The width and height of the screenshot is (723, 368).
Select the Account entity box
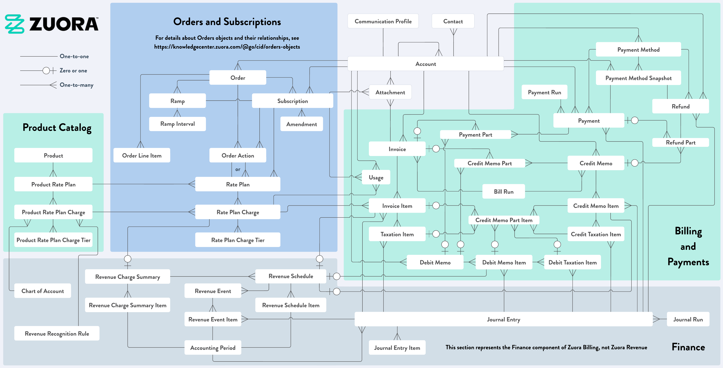click(x=425, y=64)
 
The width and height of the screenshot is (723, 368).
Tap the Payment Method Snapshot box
click(x=638, y=78)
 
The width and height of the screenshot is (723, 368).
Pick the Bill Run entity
click(x=504, y=191)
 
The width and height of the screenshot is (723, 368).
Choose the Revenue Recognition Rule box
click(x=57, y=333)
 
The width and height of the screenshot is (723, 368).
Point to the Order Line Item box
click(x=142, y=155)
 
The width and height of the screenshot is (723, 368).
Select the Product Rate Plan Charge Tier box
click(x=53, y=240)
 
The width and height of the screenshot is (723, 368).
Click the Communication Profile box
click(x=383, y=21)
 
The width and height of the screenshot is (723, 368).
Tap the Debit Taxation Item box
click(x=572, y=262)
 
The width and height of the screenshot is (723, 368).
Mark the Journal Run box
click(x=688, y=319)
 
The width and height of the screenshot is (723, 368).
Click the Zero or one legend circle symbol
click(x=46, y=70)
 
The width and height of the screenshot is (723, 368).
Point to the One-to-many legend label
click(x=76, y=85)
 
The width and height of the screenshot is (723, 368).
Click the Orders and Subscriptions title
click(x=227, y=22)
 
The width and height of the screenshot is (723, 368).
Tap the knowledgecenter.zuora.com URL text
click(x=227, y=47)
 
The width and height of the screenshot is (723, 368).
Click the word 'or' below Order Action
click(x=238, y=169)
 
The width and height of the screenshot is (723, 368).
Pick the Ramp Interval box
click(x=177, y=124)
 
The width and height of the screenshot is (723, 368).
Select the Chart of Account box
click(x=43, y=291)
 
